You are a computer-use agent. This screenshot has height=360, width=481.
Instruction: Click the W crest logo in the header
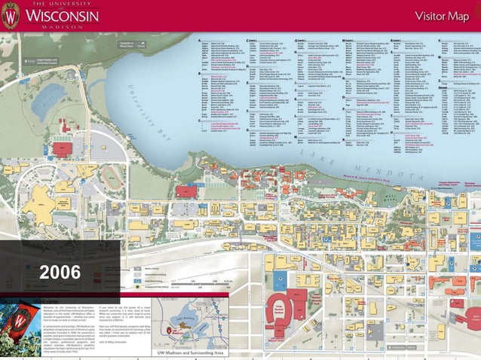[12, 16]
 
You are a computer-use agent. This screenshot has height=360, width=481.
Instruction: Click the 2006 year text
[60, 272]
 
